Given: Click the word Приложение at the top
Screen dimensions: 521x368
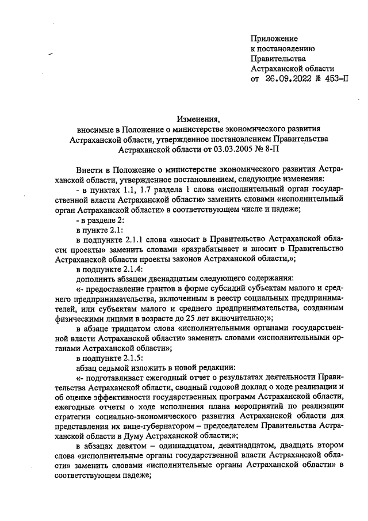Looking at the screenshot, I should [x=274, y=39].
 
